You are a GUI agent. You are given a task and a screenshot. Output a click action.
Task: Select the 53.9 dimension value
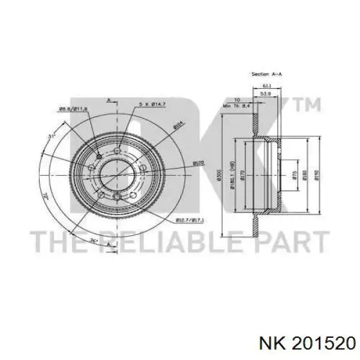(x=266, y=94)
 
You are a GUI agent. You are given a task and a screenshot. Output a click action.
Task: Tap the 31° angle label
(x=52, y=137)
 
